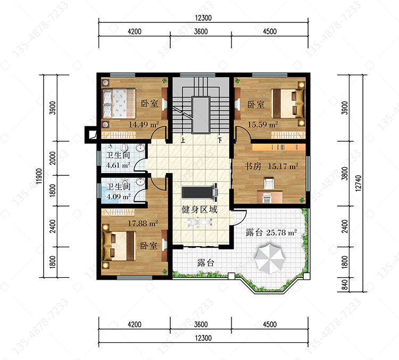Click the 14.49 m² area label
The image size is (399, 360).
coord(144,125)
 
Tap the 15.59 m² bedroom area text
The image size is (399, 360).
coord(263,125)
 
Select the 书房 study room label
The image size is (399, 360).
coord(253,166)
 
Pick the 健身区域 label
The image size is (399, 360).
coord(199,210)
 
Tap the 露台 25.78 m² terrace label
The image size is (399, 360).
coord(271,232)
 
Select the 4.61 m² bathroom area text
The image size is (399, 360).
coord(118,165)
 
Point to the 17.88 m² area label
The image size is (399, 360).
coord(143,224)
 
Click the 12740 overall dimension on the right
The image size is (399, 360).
coord(358,183)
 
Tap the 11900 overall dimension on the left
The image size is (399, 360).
coord(39,176)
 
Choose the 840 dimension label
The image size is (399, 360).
coord(345,284)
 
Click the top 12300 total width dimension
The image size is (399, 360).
coord(203,18)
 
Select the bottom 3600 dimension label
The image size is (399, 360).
coord(201,324)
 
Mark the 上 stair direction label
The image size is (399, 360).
coord(182,140)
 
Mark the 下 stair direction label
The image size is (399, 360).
coord(220,140)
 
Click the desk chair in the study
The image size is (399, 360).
coord(269,183)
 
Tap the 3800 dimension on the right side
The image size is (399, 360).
coord(345,173)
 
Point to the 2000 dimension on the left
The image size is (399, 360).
coord(53,158)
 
